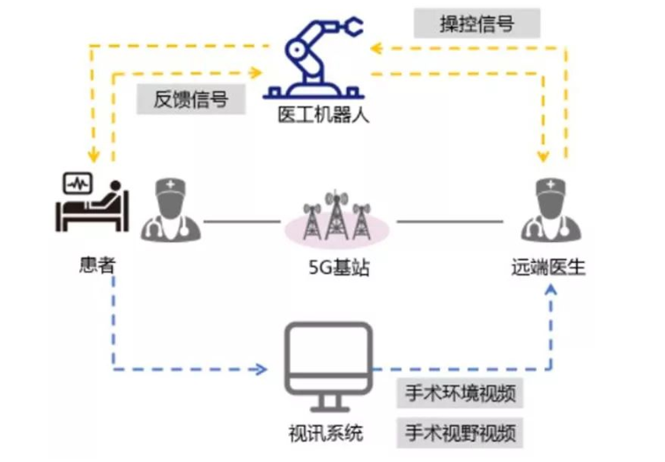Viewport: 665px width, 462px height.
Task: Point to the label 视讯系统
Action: coord(327,433)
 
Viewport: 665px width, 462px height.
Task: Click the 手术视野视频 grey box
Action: coord(462,432)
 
